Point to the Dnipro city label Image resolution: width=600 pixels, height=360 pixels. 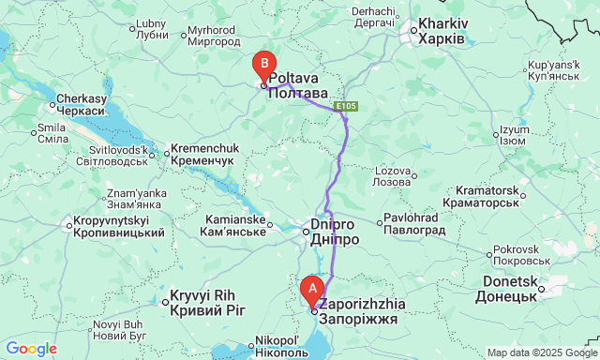(x=334, y=232)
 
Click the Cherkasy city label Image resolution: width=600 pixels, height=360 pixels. (x=82, y=103)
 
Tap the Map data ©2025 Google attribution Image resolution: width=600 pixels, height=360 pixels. (x=541, y=352)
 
